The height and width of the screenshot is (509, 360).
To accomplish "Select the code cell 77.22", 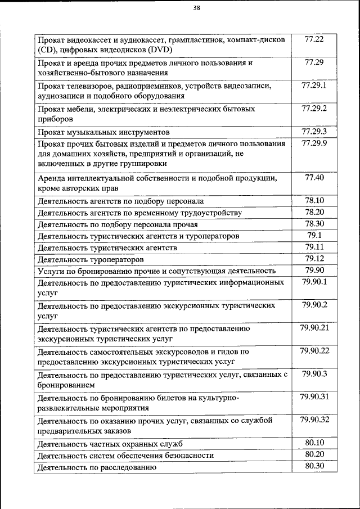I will [x=314, y=40].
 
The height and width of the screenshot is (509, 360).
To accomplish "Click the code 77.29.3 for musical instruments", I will [x=314, y=132].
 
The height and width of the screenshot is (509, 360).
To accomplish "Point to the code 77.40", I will [x=314, y=177].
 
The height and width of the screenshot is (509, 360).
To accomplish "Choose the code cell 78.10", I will [x=314, y=200].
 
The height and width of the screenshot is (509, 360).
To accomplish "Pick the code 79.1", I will [x=314, y=235].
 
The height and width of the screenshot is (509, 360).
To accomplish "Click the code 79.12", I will [x=314, y=258].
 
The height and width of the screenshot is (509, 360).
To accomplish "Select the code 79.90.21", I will [x=314, y=327].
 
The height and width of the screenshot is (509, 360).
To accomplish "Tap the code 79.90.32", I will [x=314, y=419].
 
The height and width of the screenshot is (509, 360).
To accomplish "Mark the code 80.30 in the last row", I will [x=314, y=466].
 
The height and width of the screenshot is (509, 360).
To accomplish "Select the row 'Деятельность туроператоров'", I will [x=90, y=259].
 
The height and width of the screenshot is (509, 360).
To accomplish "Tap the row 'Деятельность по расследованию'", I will [x=96, y=467].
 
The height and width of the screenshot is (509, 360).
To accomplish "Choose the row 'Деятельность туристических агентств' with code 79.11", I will [x=107, y=247].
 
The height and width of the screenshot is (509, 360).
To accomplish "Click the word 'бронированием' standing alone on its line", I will [x=65, y=385].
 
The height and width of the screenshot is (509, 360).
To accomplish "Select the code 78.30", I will [x=314, y=223].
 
